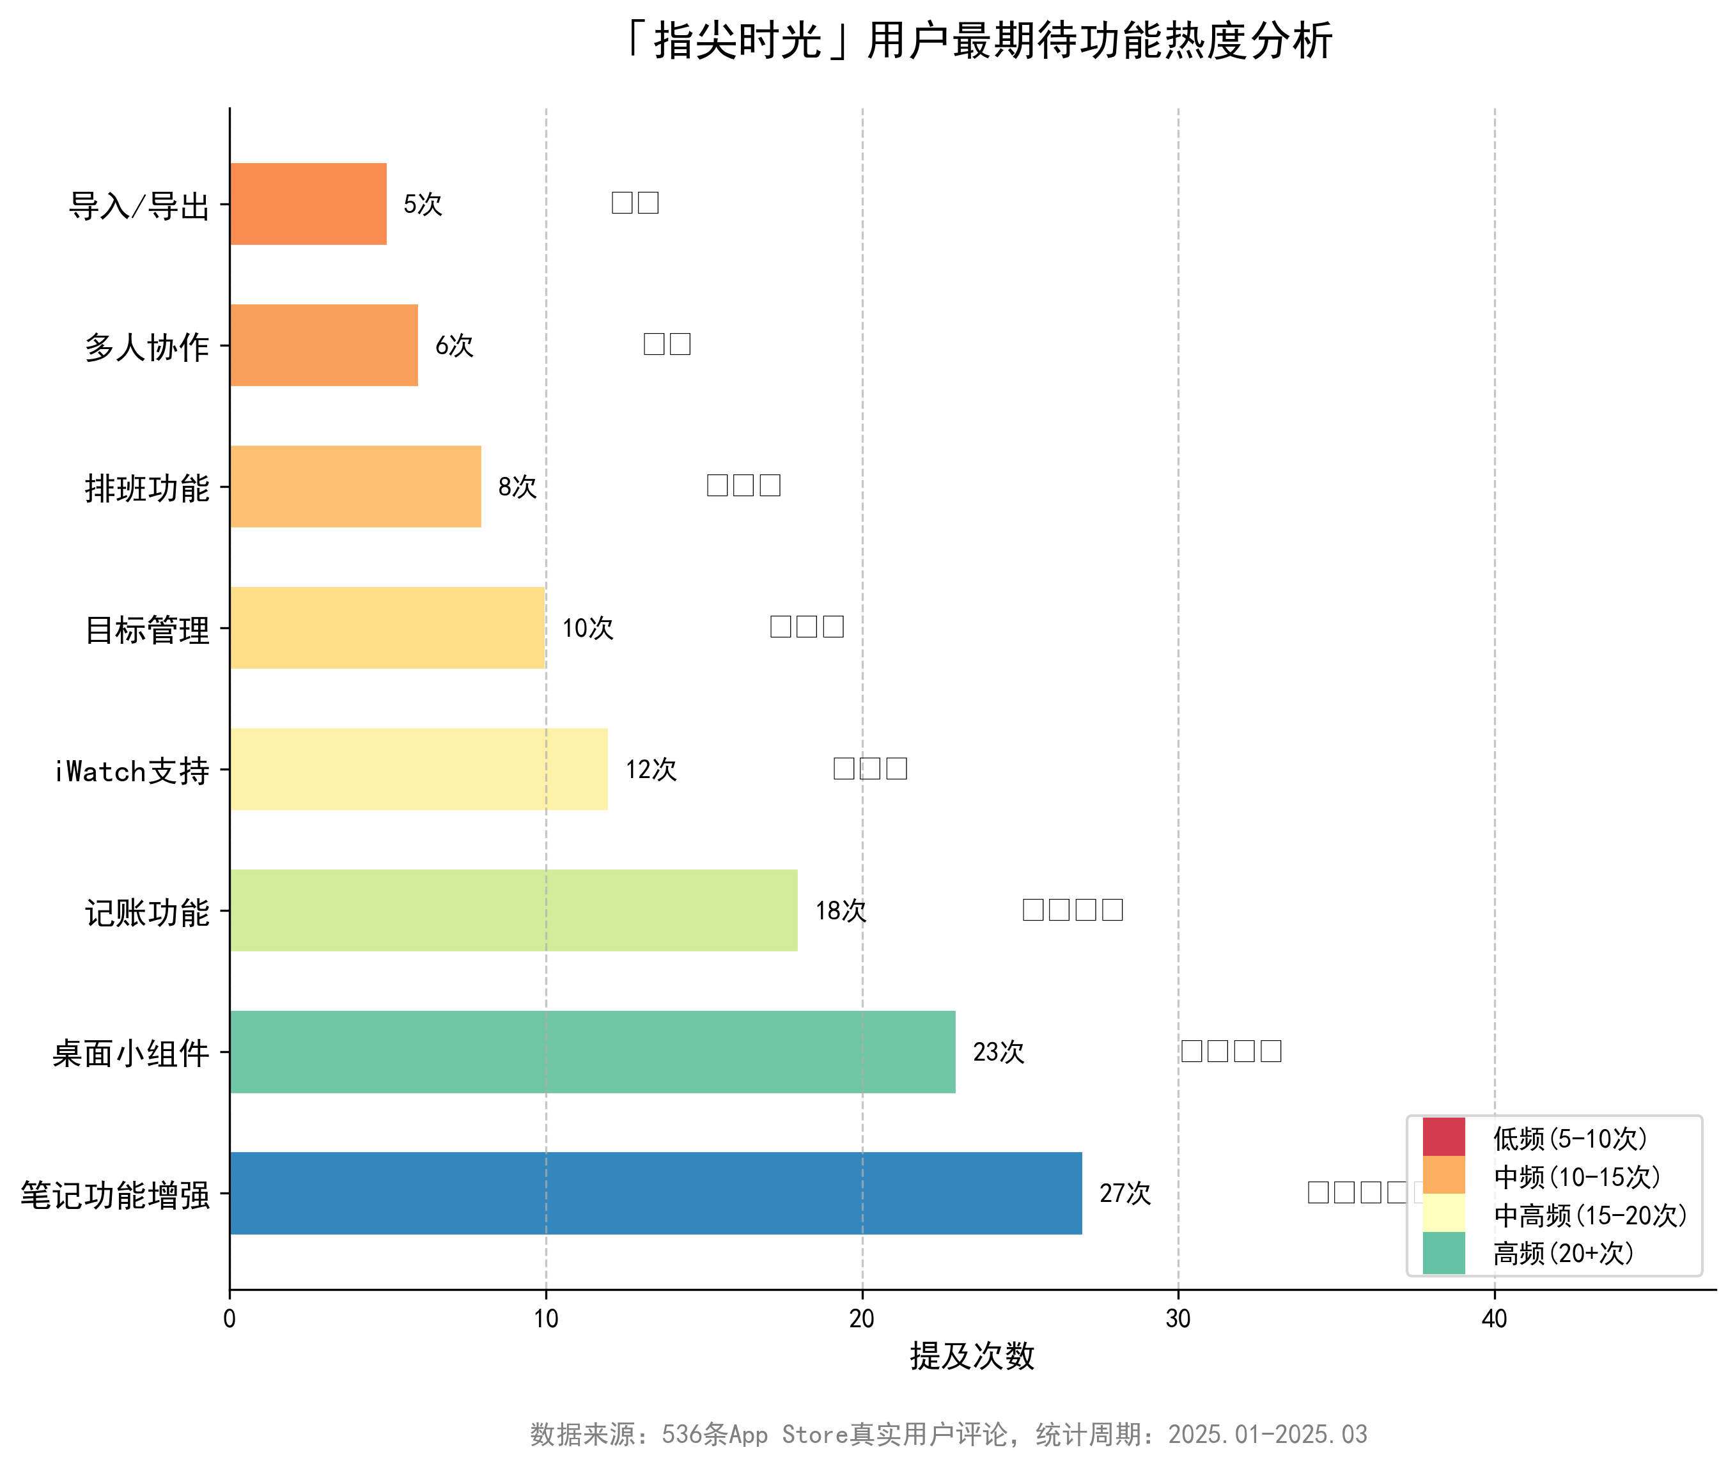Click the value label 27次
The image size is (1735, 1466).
pos(1124,1194)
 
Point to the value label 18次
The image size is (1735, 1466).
pos(840,911)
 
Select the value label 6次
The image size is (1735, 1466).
pos(454,346)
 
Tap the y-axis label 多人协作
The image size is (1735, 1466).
pos(146,347)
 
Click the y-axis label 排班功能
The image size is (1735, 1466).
pos(146,488)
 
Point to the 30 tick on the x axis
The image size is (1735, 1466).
pos(1178,1318)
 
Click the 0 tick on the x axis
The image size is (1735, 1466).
pos(230,1318)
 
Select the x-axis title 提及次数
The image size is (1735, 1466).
pos(971,1356)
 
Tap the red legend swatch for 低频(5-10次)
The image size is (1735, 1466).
pos(1443,1137)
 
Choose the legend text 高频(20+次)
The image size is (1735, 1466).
pos(1563,1253)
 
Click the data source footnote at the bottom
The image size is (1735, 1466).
pos(948,1433)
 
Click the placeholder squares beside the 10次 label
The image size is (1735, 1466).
pos(806,627)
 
